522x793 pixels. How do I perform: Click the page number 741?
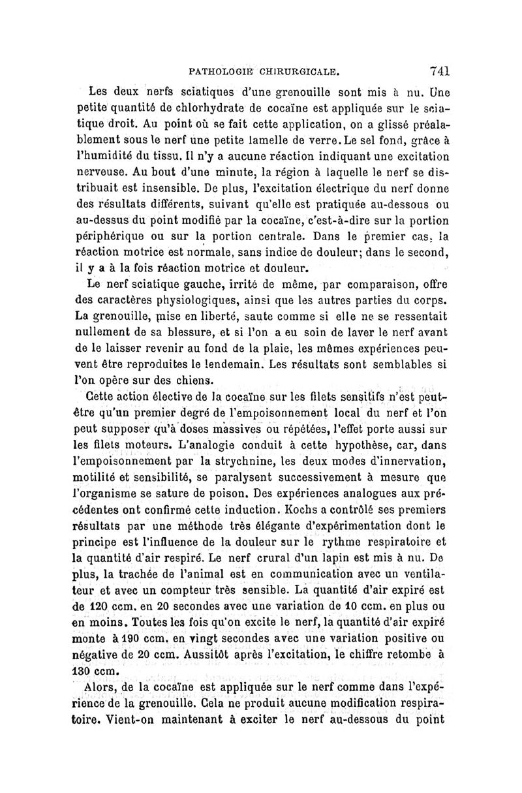click(x=440, y=70)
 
